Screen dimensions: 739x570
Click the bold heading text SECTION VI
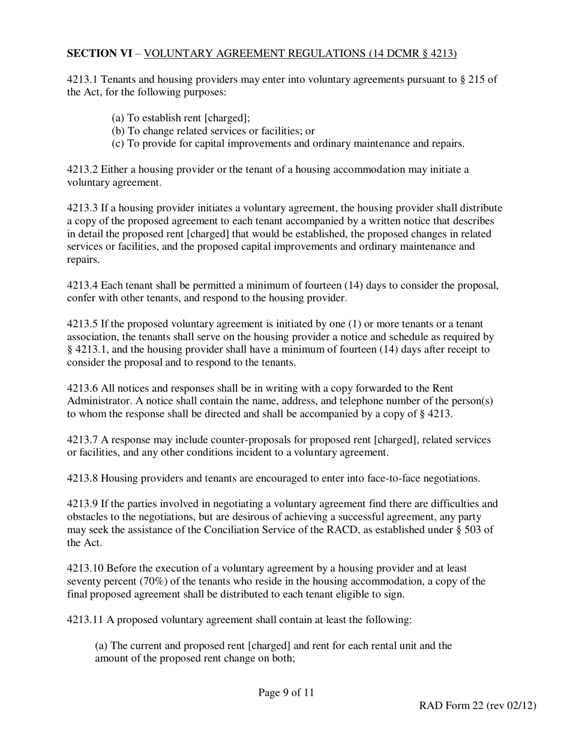[x=99, y=54]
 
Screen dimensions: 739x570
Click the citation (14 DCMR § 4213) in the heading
[x=412, y=54]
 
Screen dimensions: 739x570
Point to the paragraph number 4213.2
[x=82, y=169]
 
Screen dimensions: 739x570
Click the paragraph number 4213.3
[x=82, y=208]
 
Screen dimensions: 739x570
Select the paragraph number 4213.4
[x=82, y=285]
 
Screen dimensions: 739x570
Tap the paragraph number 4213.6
[x=82, y=389]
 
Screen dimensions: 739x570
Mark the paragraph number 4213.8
[x=82, y=479]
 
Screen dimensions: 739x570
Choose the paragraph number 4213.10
[x=85, y=568]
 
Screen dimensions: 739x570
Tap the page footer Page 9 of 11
[x=286, y=693]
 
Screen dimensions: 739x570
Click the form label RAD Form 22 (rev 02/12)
[x=477, y=706]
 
